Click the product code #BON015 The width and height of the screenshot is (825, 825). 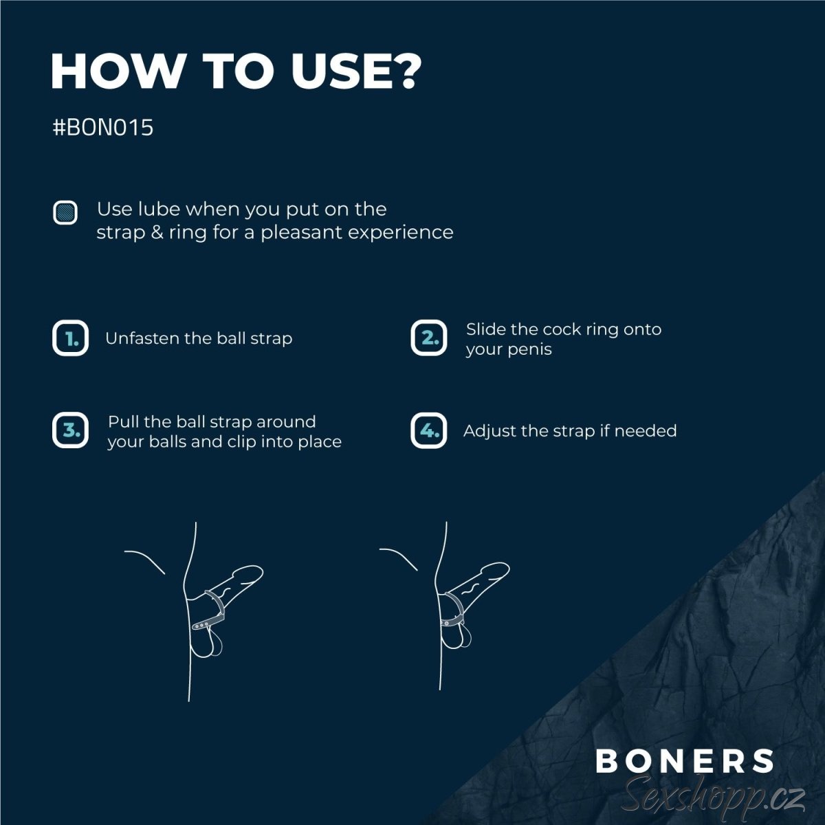pyautogui.click(x=102, y=127)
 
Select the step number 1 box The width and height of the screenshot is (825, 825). pyautogui.click(x=70, y=338)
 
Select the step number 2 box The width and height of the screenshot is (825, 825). pyautogui.click(x=428, y=338)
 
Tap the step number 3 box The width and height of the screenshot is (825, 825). pyautogui.click(x=70, y=430)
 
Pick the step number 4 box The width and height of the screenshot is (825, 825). pyautogui.click(x=428, y=430)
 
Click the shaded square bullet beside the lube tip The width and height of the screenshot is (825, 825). pyautogui.click(x=65, y=212)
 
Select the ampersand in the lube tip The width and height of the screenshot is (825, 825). pyautogui.click(x=157, y=233)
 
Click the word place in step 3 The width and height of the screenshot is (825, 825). pyautogui.click(x=320, y=442)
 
